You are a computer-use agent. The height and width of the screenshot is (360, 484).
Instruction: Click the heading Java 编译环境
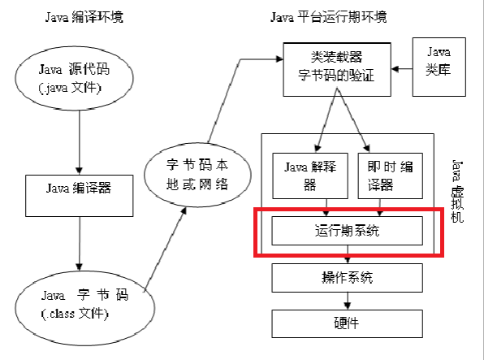pyautogui.click(x=84, y=17)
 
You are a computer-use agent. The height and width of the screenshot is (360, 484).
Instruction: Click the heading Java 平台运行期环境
pyautogui.click(x=329, y=17)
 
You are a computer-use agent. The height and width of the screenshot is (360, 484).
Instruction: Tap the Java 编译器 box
pyautogui.click(x=80, y=196)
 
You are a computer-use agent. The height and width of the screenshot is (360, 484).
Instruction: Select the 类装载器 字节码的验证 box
pyautogui.click(x=337, y=70)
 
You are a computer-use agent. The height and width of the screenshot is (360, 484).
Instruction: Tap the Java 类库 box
pyautogui.click(x=439, y=67)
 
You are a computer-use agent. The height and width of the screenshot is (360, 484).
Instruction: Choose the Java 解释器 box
pyautogui.click(x=310, y=176)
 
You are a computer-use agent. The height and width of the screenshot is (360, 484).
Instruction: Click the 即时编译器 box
pyautogui.click(x=390, y=176)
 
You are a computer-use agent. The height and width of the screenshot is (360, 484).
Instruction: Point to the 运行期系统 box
pyautogui.click(x=348, y=231)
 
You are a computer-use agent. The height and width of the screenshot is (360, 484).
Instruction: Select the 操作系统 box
pyautogui.click(x=348, y=278)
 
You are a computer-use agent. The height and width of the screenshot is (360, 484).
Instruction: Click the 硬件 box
pyautogui.click(x=348, y=323)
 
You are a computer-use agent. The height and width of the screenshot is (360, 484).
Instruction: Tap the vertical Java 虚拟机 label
pyautogui.click(x=457, y=191)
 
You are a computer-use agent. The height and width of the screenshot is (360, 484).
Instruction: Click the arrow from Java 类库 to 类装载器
pyautogui.click(x=402, y=69)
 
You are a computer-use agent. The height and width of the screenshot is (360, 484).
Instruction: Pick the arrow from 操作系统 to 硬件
pyautogui.click(x=348, y=301)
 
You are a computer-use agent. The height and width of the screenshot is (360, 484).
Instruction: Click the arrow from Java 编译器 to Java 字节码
pyautogui.click(x=80, y=244)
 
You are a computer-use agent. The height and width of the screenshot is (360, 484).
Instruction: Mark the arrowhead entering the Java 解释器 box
pyautogui.click(x=318, y=149)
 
